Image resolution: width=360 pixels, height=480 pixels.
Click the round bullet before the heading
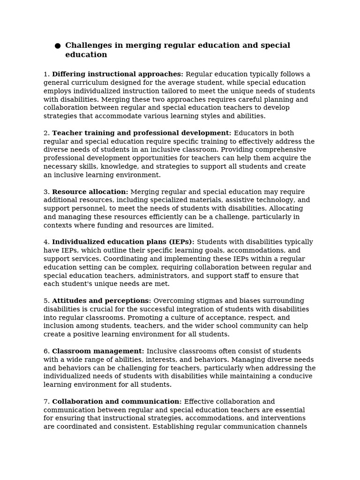[x=58, y=46]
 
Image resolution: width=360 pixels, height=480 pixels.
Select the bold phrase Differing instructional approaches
[x=117, y=74]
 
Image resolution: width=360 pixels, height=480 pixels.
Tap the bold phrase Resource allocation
[x=90, y=192]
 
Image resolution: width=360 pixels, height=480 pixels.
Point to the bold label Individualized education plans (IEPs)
[x=123, y=242]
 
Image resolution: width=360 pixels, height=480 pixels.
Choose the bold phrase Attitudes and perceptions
[x=101, y=301]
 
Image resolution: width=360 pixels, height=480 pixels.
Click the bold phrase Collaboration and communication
[x=117, y=402]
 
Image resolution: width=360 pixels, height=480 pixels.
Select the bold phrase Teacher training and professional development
[x=141, y=133]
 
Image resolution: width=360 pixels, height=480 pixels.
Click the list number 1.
[x=46, y=74]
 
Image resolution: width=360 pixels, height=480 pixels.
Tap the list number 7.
[x=46, y=402]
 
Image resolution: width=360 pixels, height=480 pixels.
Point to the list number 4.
[x=46, y=242]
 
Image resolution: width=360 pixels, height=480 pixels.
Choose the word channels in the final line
[x=292, y=427]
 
